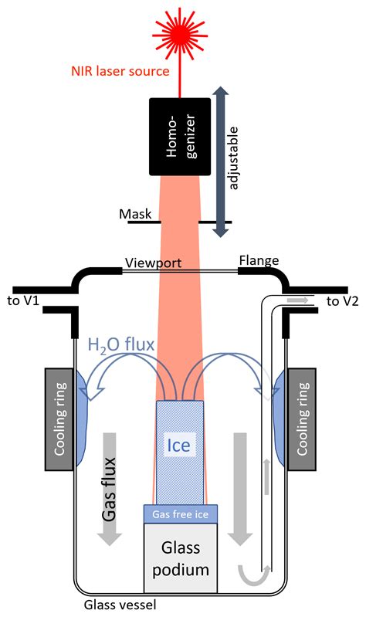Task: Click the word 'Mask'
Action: click(x=133, y=213)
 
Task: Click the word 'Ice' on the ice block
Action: click(x=181, y=445)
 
